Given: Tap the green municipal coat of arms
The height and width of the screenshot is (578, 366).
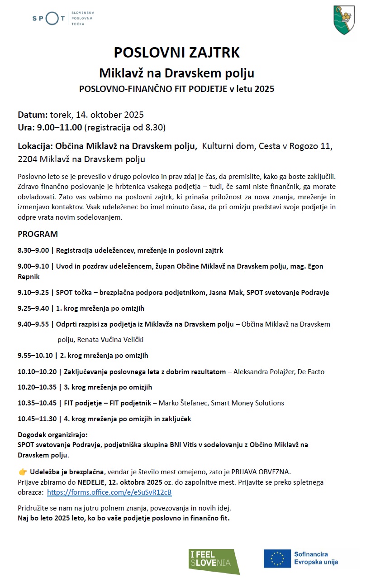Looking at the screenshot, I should (344, 19).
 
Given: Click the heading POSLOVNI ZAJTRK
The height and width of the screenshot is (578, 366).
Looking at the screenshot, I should (176, 53).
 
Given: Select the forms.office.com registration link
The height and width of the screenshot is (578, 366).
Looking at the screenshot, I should (109, 492).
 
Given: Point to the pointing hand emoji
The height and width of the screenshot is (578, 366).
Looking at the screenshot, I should (23, 472).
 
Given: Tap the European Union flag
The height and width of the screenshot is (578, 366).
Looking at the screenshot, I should (277, 558).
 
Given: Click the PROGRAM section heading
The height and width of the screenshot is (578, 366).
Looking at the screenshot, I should (38, 234).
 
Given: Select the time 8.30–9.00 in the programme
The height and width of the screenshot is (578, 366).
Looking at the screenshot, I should (33, 250).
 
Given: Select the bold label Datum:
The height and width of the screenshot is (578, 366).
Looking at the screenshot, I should (33, 115).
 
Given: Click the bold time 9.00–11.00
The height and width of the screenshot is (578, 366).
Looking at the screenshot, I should (59, 127).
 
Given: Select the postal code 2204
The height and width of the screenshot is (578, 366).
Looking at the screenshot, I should (28, 159).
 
